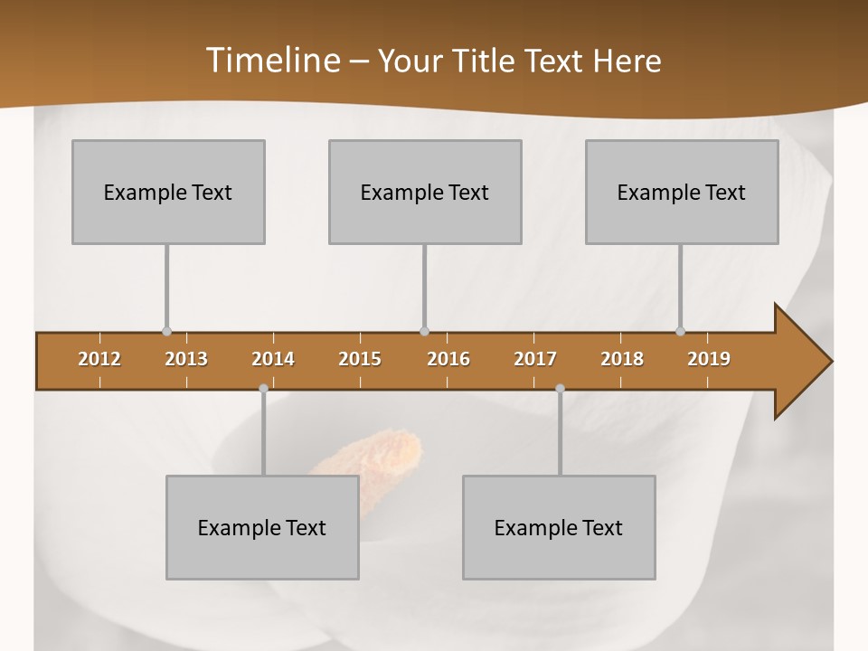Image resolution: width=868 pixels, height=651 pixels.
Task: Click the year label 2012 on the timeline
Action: click(x=99, y=359)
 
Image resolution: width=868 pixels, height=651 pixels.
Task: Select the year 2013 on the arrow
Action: click(x=186, y=359)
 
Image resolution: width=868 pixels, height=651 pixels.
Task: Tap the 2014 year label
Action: click(x=273, y=359)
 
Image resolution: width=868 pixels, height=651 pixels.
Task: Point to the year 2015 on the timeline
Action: click(x=360, y=359)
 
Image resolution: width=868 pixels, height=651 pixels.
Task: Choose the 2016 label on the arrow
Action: click(x=448, y=359)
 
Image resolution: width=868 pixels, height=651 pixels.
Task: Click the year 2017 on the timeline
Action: click(x=535, y=359)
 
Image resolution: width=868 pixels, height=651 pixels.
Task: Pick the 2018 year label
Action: click(x=622, y=359)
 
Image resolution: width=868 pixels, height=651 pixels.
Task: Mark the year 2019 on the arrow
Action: click(x=709, y=359)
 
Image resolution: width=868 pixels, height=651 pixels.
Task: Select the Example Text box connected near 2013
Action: click(x=168, y=192)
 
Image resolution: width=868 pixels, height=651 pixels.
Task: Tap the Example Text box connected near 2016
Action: click(x=425, y=192)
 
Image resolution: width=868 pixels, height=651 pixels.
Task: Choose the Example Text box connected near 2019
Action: click(x=682, y=192)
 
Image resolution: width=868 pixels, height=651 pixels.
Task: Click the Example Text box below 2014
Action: click(x=262, y=527)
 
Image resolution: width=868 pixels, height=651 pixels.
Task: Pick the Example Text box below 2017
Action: click(x=559, y=527)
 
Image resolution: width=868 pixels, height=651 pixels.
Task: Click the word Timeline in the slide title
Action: click(x=271, y=60)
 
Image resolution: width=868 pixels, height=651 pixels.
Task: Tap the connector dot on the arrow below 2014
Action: click(x=263, y=389)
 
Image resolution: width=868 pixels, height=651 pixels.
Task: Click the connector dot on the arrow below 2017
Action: click(x=560, y=389)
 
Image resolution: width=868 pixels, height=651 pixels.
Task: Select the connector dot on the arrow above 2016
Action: click(x=424, y=331)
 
